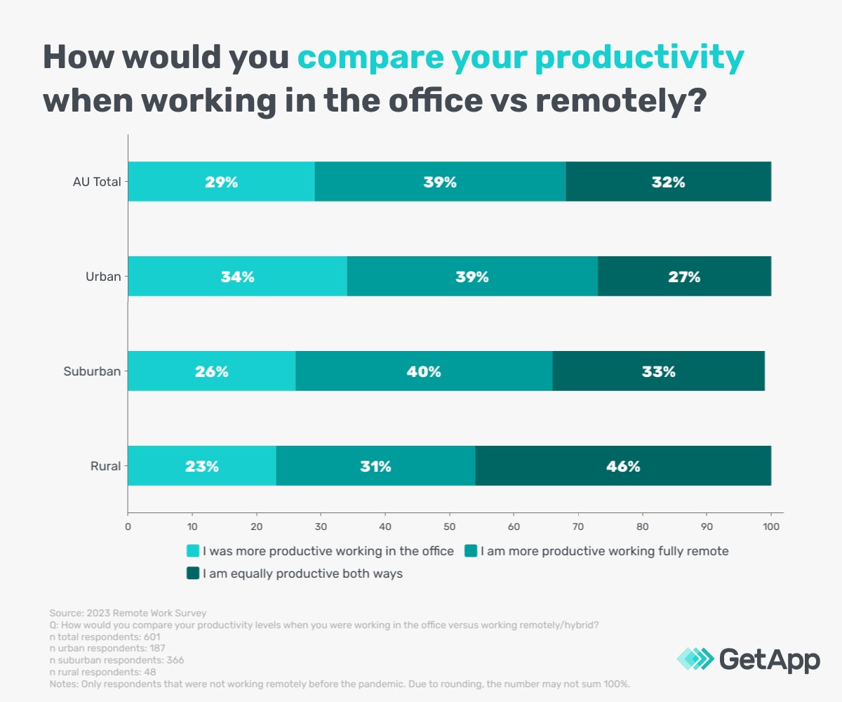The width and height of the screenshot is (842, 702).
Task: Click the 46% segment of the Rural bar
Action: click(x=623, y=465)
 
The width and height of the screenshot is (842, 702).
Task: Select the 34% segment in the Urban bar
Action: click(x=237, y=277)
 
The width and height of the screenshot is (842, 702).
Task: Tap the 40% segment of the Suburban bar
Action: click(x=424, y=371)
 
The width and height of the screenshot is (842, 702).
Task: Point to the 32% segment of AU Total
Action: click(x=668, y=182)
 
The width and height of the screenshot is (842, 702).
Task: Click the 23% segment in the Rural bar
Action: click(x=201, y=465)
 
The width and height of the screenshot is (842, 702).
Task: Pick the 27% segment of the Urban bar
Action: click(x=684, y=277)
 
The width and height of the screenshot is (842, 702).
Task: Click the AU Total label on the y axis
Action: click(x=97, y=182)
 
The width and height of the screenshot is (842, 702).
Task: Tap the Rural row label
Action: click(x=105, y=465)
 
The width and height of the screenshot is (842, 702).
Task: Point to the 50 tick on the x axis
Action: click(x=449, y=525)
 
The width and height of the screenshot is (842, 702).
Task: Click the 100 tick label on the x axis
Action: click(x=771, y=525)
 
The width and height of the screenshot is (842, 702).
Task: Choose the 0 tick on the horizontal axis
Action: click(x=128, y=525)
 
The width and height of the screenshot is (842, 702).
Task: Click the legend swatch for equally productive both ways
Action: click(x=192, y=574)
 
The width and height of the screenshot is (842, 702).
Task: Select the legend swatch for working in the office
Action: click(x=192, y=551)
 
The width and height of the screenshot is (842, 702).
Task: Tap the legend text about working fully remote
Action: click(x=604, y=551)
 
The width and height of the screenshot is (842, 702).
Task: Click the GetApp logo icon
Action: click(x=695, y=659)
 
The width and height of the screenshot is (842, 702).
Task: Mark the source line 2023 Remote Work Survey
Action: click(x=128, y=613)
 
